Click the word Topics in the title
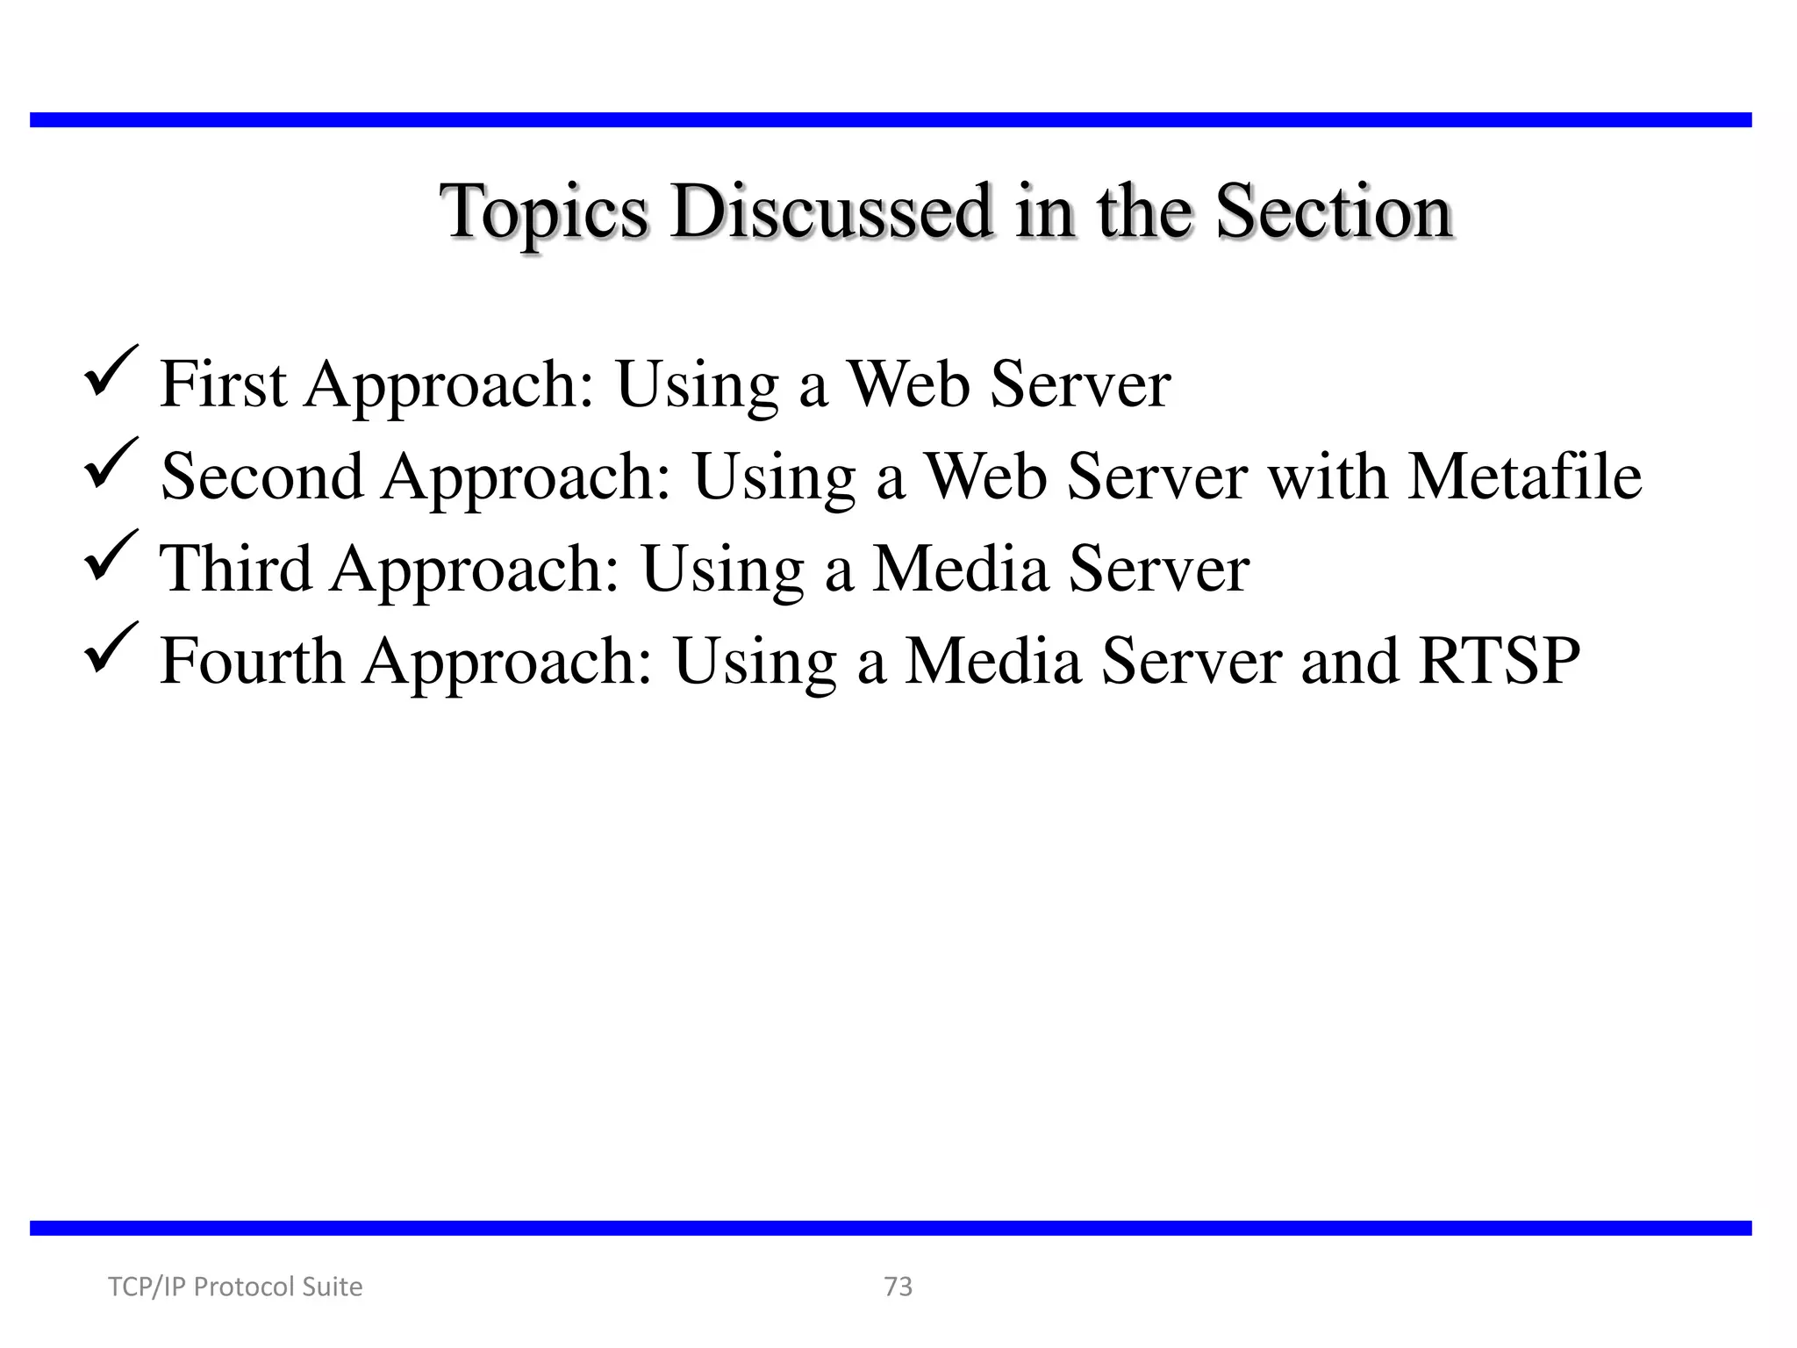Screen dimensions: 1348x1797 point(544,212)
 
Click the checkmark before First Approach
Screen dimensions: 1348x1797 point(111,374)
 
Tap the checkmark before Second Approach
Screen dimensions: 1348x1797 point(111,466)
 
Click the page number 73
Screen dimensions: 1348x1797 point(898,1287)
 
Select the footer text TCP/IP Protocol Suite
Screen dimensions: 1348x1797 point(234,1287)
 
